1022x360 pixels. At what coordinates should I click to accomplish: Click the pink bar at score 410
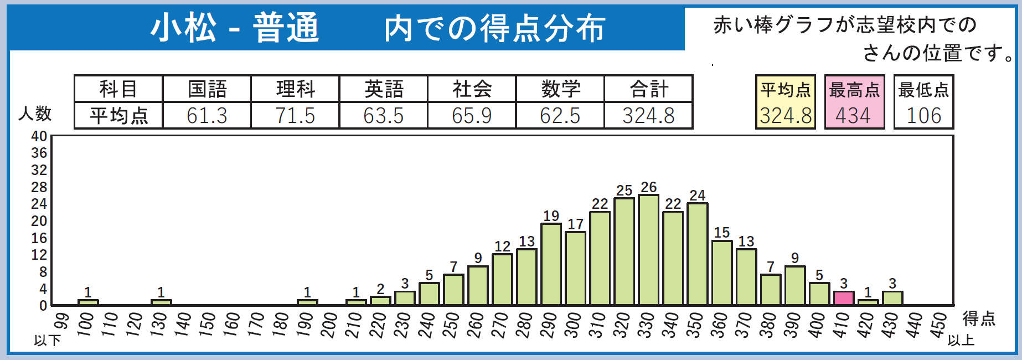843,298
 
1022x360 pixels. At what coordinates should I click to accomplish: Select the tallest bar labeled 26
648,250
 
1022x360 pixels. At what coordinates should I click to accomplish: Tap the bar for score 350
697,254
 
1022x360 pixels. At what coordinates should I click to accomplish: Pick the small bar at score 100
88,302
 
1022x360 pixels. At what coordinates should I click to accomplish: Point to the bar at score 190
307,302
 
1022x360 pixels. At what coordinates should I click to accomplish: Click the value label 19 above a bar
551,215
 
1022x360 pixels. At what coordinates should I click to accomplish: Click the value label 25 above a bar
624,191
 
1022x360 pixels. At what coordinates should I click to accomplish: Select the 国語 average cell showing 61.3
207,115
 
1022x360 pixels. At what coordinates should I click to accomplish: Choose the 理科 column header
295,89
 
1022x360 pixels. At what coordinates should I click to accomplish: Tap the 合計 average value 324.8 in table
648,115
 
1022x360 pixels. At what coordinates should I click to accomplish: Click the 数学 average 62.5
560,115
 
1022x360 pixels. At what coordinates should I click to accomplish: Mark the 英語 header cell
383,89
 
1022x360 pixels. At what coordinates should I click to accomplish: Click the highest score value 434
853,115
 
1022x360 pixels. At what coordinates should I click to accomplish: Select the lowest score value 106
923,115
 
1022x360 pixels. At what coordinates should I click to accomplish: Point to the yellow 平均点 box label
785,90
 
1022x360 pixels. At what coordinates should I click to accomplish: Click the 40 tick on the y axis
39,136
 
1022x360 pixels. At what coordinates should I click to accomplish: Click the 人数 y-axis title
35,114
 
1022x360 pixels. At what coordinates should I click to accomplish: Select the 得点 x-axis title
979,318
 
